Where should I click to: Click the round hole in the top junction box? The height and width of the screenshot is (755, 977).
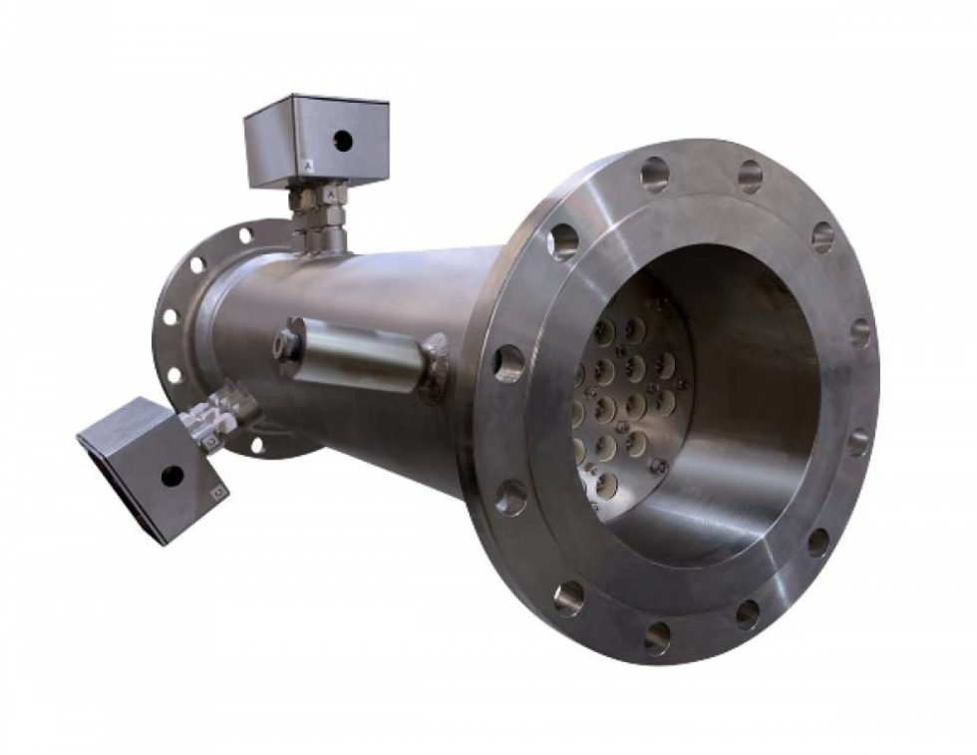pyautogui.click(x=342, y=141)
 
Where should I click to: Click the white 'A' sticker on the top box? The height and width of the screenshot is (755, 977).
pyautogui.click(x=312, y=167)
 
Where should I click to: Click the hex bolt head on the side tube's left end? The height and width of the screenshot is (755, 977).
pyautogui.click(x=287, y=345)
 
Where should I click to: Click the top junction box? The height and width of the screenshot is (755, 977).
pyautogui.click(x=316, y=139)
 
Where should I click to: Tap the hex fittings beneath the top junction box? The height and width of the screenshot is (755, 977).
pyautogui.click(x=319, y=214)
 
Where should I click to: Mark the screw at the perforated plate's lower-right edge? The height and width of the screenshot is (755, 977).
pyautogui.click(x=658, y=466)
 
